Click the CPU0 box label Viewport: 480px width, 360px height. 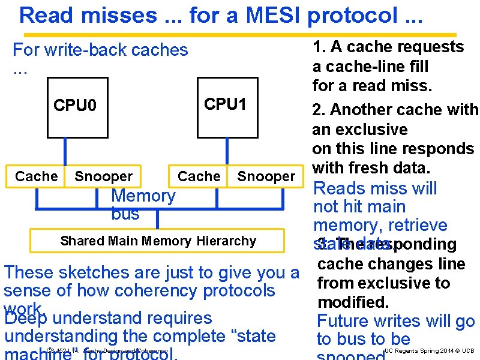[x=74, y=106]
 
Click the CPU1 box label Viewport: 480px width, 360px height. [x=225, y=104]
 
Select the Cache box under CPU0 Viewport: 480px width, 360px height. [x=36, y=176]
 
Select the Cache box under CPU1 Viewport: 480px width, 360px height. [x=199, y=176]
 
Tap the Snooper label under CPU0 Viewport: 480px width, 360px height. [x=103, y=176]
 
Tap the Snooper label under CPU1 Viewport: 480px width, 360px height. [x=266, y=176]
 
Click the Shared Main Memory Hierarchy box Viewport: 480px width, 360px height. [x=158, y=241]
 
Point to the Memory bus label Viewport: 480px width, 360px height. [x=143, y=205]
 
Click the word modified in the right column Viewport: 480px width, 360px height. [x=353, y=301]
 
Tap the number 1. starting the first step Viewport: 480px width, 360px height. [x=318, y=47]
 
